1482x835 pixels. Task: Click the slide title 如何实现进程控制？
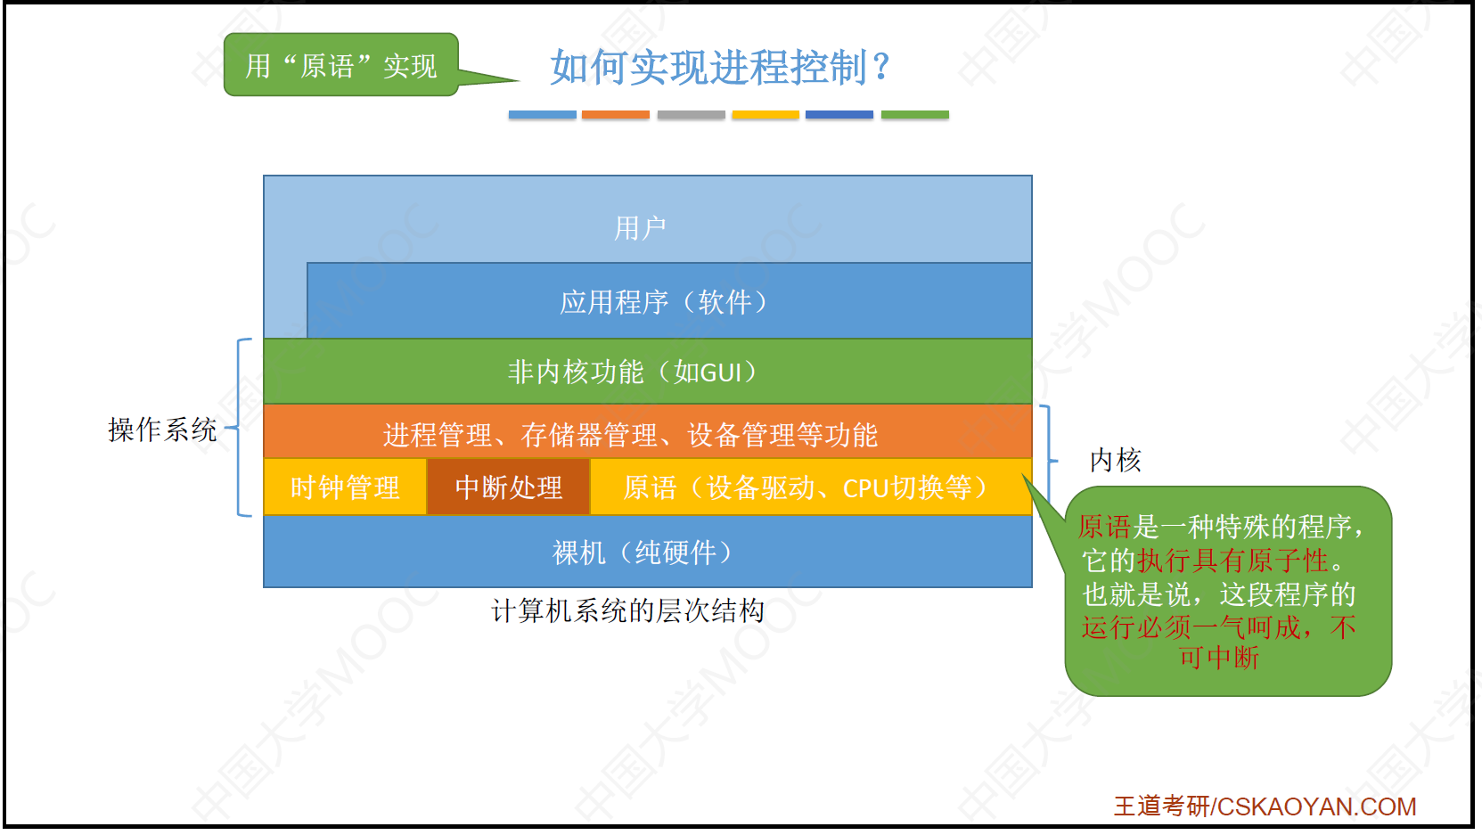720,67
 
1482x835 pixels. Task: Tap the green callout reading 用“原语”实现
340,65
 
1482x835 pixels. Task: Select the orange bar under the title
615,114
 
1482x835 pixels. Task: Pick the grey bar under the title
691,114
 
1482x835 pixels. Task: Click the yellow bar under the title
766,114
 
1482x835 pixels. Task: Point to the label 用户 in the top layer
640,228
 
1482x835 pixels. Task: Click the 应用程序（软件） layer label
664,302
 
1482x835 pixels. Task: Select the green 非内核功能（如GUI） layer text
633,372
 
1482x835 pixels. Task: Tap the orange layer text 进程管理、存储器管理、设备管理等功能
631,435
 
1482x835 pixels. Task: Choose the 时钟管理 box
345,487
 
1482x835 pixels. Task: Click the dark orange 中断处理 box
508,487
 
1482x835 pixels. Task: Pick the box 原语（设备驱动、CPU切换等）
810,487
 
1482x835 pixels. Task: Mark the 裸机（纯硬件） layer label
643,553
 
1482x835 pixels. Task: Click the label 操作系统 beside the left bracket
163,430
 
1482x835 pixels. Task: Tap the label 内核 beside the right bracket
1116,460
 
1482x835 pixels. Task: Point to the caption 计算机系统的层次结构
628,610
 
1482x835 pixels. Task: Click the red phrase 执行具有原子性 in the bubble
1232,561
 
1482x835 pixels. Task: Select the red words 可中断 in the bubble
1219,658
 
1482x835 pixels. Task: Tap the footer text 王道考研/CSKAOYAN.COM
1265,806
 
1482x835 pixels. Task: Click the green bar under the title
915,114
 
